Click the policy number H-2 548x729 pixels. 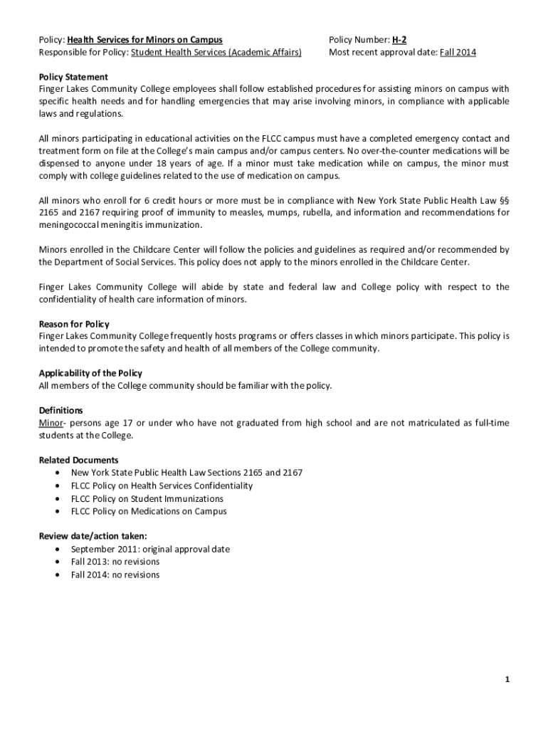399,40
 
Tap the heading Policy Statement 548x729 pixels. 73,77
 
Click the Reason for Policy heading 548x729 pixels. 74,324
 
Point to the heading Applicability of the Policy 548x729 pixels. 90,373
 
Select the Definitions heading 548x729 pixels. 60,410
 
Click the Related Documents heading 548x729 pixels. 78,460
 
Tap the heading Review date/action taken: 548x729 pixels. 93,536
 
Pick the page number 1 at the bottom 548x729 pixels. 507,680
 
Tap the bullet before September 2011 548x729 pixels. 57,550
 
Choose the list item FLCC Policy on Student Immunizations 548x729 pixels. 147,498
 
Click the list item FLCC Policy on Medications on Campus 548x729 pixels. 149,511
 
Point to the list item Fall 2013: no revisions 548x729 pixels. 115,562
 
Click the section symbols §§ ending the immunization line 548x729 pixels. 504,200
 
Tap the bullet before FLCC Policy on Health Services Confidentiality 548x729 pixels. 57,486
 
